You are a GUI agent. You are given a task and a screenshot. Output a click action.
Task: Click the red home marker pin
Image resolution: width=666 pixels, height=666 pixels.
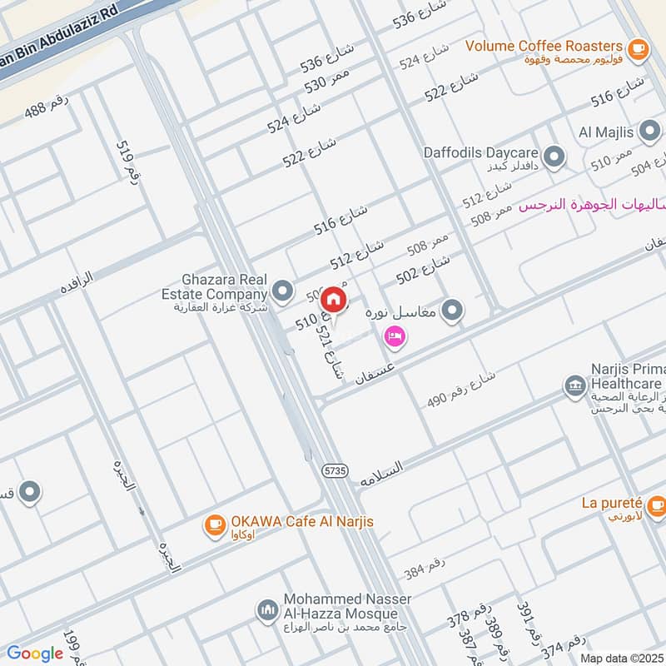click(x=334, y=299)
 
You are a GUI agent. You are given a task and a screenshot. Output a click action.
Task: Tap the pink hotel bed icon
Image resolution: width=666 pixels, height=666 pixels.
click(x=395, y=336)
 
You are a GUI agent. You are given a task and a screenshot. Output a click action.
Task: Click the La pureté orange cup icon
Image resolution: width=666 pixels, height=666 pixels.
click(x=656, y=504)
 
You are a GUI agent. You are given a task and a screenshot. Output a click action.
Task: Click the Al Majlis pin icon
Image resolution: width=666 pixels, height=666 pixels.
click(x=650, y=131)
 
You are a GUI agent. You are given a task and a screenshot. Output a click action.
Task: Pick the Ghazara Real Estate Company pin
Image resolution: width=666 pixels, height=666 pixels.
click(x=283, y=291)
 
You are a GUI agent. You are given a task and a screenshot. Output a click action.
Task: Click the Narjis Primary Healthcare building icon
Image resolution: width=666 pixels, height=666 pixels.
click(x=574, y=385)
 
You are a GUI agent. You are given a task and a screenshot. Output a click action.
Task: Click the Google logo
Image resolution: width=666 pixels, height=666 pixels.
click(x=35, y=654)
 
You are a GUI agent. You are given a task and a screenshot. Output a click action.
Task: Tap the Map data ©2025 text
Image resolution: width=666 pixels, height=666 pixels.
click(x=622, y=658)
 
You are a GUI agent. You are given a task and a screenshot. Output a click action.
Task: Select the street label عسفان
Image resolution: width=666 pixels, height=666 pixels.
click(x=373, y=367)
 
